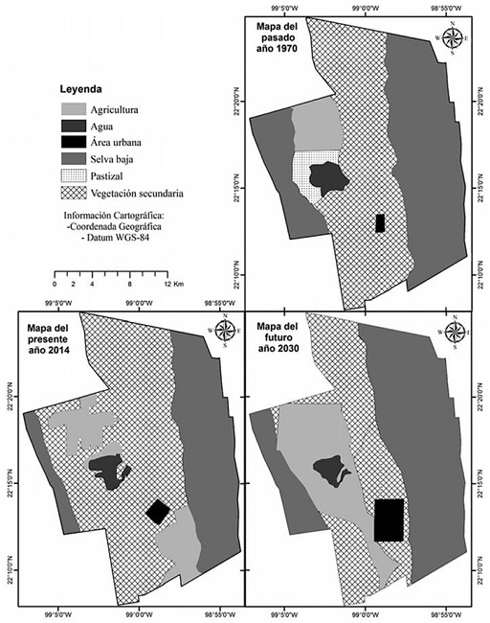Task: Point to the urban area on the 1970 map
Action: click(x=380, y=223)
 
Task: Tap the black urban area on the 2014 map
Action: click(x=158, y=512)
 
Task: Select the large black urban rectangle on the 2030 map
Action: click(x=389, y=520)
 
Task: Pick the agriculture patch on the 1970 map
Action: click(x=316, y=126)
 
